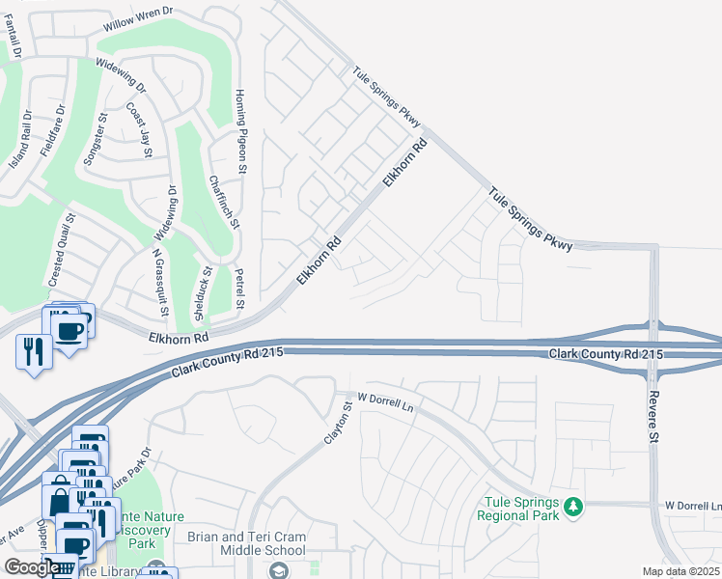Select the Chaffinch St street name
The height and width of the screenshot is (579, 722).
pos(222,200)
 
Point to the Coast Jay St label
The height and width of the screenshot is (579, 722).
pos(140,133)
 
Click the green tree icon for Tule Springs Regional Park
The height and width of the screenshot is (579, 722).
pos(573,506)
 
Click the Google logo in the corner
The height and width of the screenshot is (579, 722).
pos(30,567)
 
